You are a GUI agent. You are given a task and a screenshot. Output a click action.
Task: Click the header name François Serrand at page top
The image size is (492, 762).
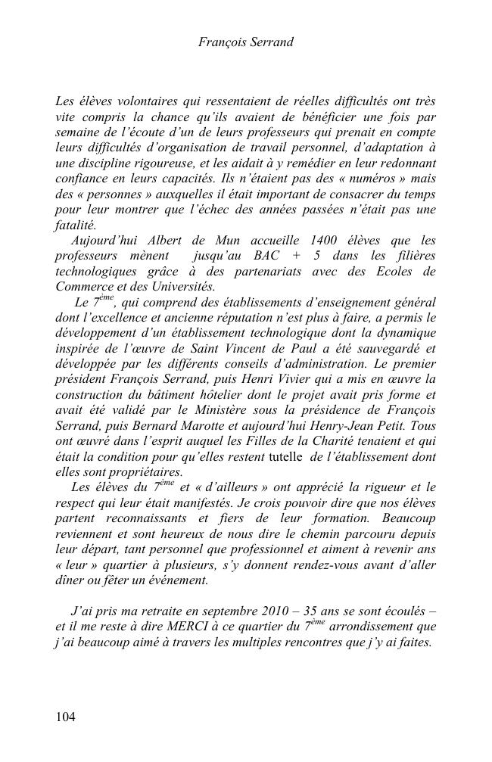pyautogui.click(x=245, y=43)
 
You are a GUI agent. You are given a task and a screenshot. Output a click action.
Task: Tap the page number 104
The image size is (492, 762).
pyautogui.click(x=66, y=717)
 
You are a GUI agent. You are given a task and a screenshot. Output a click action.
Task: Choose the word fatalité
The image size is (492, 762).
pyautogui.click(x=76, y=225)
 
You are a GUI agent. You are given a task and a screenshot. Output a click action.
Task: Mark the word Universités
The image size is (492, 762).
pyautogui.click(x=179, y=288)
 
